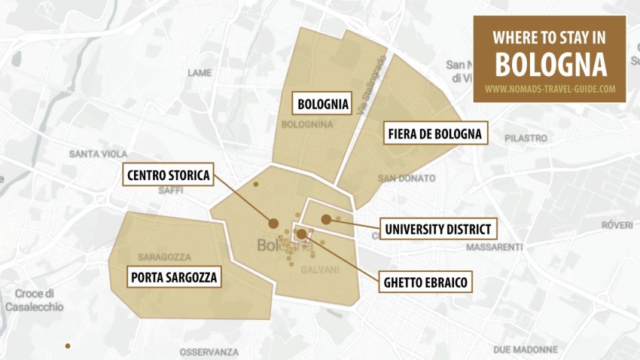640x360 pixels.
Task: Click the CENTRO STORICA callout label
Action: [168, 176]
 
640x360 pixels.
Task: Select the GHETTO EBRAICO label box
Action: [425, 282]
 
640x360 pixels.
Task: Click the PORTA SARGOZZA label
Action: [174, 278]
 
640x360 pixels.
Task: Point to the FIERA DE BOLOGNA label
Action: [434, 135]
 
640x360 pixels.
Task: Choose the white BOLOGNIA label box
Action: [323, 104]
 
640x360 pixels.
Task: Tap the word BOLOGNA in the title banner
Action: [550, 65]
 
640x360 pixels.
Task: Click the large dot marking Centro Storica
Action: [273, 223]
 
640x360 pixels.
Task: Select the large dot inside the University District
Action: [326, 219]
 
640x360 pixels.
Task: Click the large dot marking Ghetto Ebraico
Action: [301, 234]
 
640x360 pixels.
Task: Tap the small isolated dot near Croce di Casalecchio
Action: [68, 346]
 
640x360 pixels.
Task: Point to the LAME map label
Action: [200, 73]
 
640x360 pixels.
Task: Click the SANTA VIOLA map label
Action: [98, 154]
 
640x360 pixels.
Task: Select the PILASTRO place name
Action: [526, 139]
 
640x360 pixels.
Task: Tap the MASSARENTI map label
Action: [495, 247]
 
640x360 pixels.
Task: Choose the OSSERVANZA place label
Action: [209, 352]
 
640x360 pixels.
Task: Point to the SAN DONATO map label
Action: [407, 178]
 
